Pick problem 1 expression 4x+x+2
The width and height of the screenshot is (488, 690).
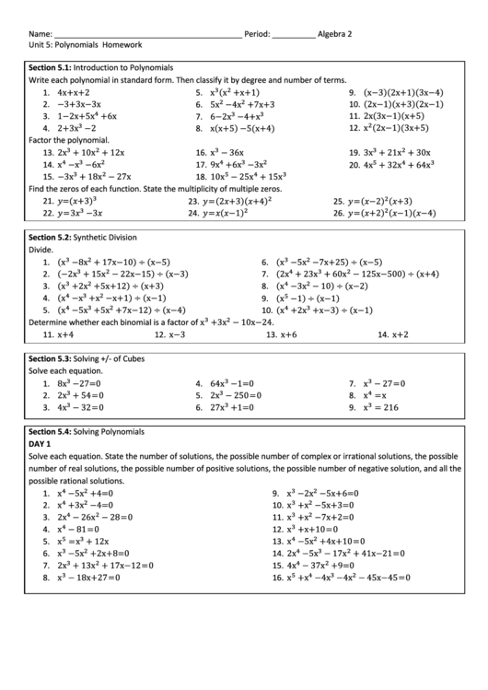click(73, 93)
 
